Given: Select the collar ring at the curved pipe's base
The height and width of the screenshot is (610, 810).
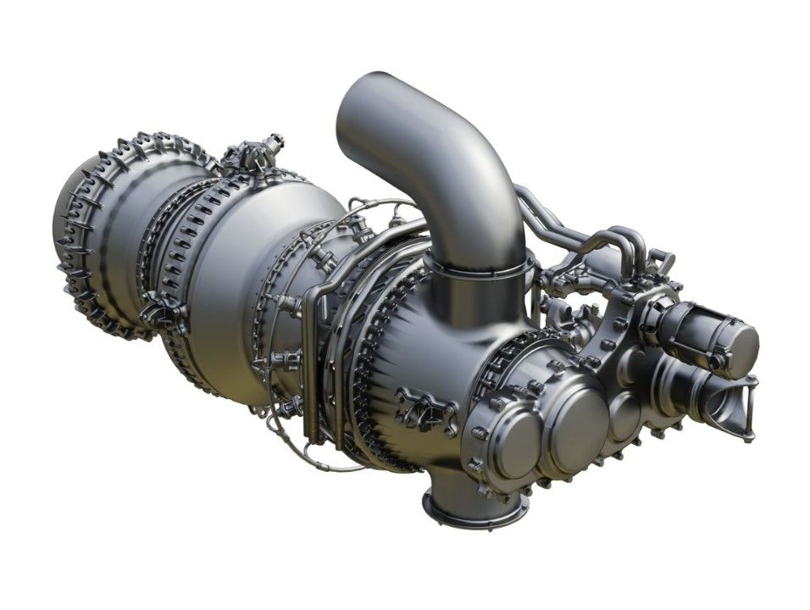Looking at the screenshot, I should pyautogui.click(x=480, y=269).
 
